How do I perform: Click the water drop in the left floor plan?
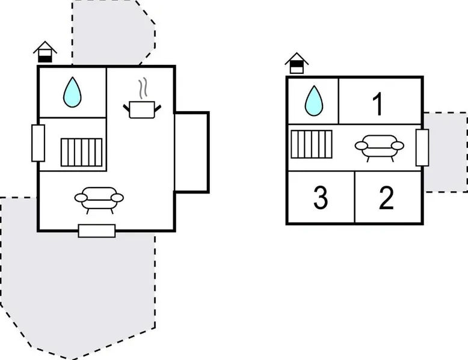pyautogui.click(x=72, y=93)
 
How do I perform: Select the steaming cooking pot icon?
pyautogui.click(x=143, y=108)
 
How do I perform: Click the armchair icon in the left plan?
pyautogui.click(x=99, y=198)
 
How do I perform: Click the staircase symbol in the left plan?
pyautogui.click(x=81, y=152)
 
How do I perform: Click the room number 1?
pyautogui.click(x=378, y=105)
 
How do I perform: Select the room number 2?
pyautogui.click(x=386, y=198)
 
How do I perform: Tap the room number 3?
pyautogui.click(x=321, y=198)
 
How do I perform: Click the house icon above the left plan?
pyautogui.click(x=45, y=52)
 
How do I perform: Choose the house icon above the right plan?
pyautogui.click(x=296, y=63)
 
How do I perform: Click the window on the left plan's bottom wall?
pyautogui.click(x=96, y=230)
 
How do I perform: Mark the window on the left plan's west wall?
pyautogui.click(x=38, y=143)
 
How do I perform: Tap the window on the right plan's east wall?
pyautogui.click(x=422, y=147)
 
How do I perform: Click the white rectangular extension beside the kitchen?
pyautogui.click(x=192, y=151)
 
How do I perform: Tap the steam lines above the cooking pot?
pyautogui.click(x=143, y=89)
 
